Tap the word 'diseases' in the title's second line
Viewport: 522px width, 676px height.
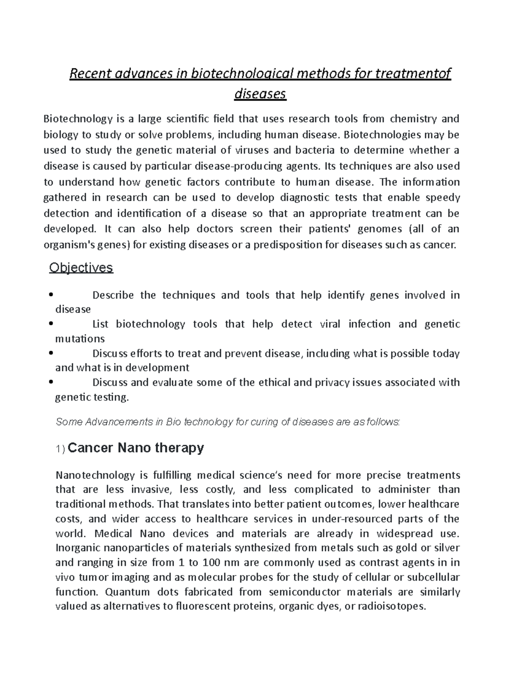click(260, 94)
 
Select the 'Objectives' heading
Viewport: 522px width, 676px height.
click(81, 267)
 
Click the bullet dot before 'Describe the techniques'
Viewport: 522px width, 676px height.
click(51, 295)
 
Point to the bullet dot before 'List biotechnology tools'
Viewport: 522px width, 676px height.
click(51, 324)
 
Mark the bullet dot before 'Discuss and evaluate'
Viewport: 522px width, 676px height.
click(51, 382)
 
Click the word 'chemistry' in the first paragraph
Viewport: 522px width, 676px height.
click(413, 119)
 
